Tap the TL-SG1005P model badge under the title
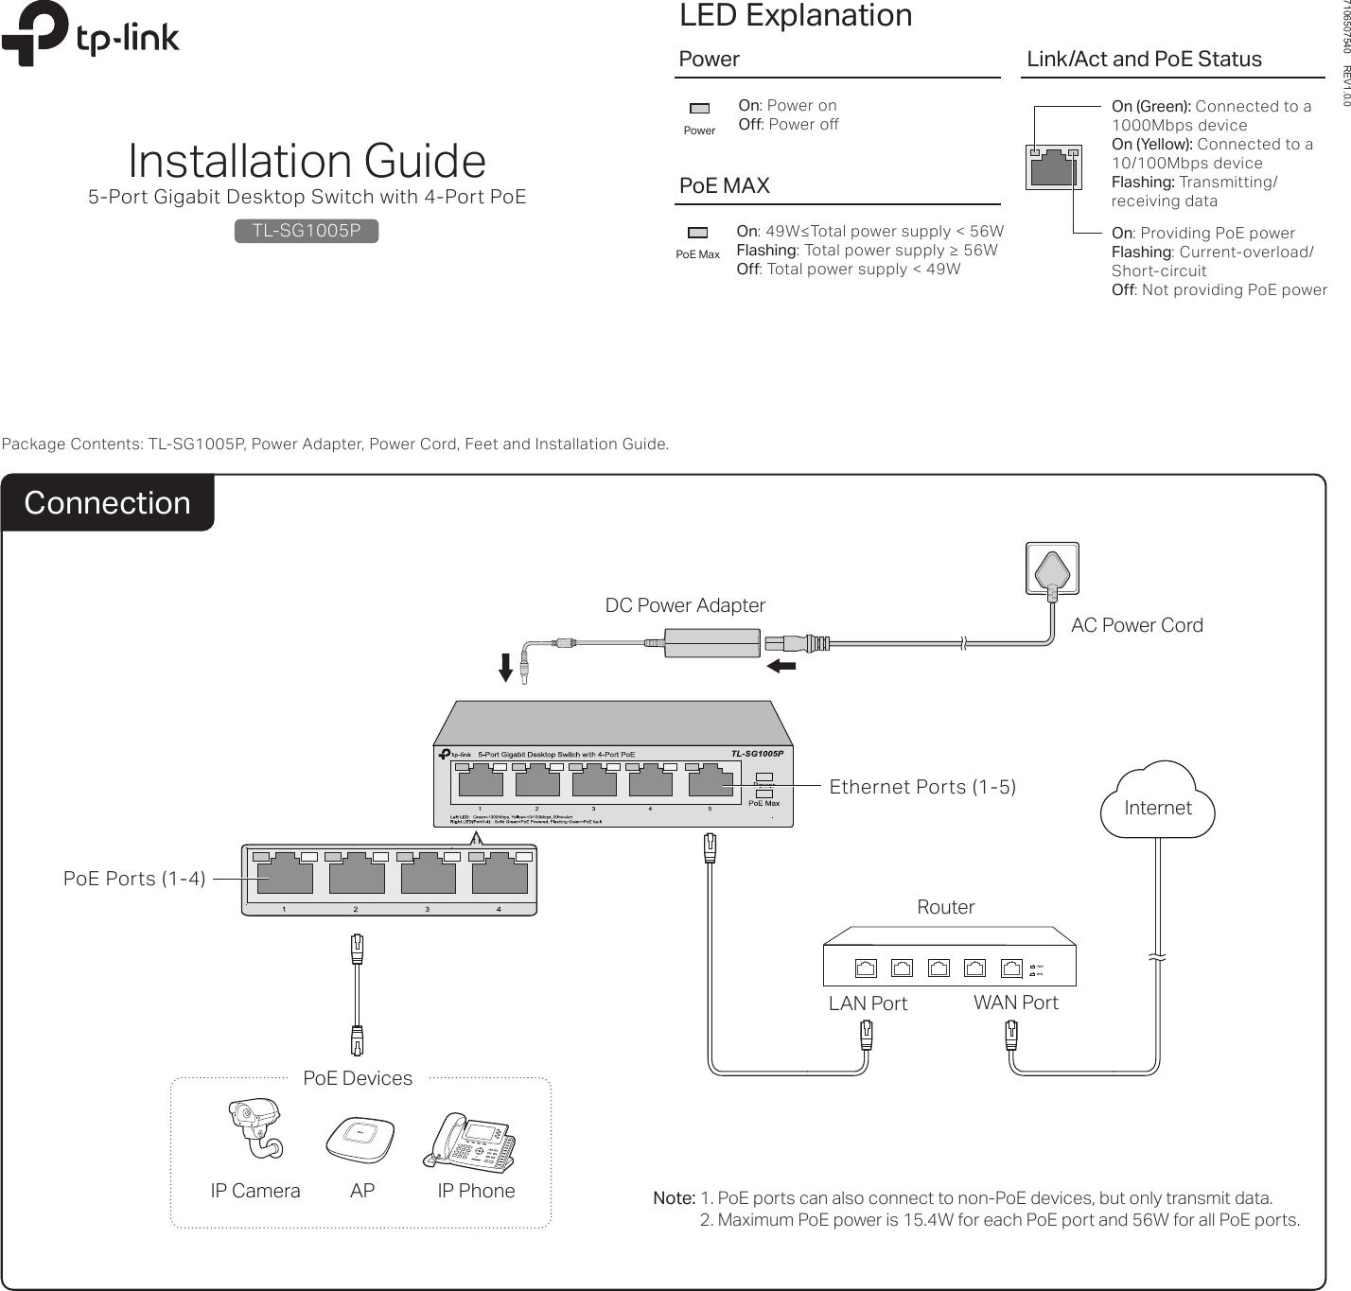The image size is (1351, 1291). [x=307, y=231]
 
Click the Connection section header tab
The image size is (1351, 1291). [x=107, y=502]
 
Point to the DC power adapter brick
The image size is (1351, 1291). [x=712, y=643]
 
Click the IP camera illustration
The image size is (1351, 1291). [x=255, y=1127]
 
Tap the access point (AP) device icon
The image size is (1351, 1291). [x=360, y=1139]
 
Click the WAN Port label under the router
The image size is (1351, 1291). [x=1015, y=1003]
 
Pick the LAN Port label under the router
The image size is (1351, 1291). [x=868, y=1003]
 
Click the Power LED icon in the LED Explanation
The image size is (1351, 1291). [x=699, y=109]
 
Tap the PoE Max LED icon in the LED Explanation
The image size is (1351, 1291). [x=697, y=233]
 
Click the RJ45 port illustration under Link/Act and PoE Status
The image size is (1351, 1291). [x=1053, y=167]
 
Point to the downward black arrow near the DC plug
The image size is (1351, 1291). [x=506, y=667]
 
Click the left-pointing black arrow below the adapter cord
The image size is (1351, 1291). [x=781, y=666]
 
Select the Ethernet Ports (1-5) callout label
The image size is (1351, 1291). [x=922, y=787]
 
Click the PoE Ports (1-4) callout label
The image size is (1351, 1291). [x=134, y=879]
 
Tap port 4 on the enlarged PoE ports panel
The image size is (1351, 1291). [x=500, y=877]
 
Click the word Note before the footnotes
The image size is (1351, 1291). [x=674, y=1198]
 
